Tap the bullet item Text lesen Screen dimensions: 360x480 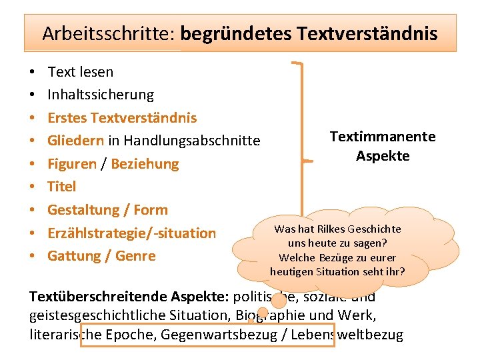[x=81, y=72]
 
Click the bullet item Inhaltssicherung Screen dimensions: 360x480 [x=101, y=95]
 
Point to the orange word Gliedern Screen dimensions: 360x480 [x=75, y=141]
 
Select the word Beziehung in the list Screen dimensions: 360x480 [x=145, y=164]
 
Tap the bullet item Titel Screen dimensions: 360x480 [x=62, y=187]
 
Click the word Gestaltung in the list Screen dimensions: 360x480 [x=85, y=210]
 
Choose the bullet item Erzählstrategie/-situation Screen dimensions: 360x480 [x=131, y=233]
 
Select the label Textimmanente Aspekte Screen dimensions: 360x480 [x=383, y=146]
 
